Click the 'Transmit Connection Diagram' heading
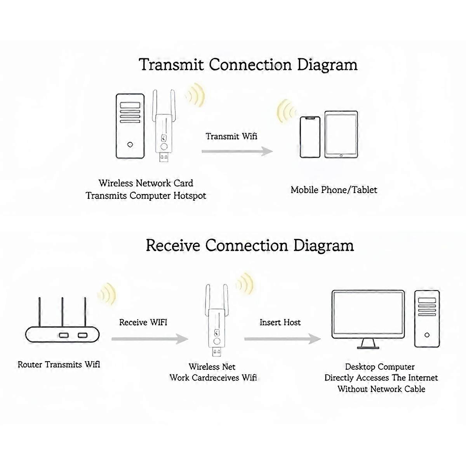pos(248,65)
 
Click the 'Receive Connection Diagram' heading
pos(250,246)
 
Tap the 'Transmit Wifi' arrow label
pos(231,136)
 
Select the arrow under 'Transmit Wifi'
pos(237,151)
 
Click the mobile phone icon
pos(310,137)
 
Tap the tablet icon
pos(341,135)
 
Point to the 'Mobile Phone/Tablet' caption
pos(334,190)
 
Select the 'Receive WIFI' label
pos(143,322)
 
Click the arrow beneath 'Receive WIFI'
pos(150,339)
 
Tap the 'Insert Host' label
pos(280,322)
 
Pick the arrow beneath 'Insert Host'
pos(282,339)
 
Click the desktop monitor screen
pos(368,313)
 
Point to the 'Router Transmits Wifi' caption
pos(59,365)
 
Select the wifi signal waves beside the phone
pos(287,111)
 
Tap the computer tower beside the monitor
pos(427,318)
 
